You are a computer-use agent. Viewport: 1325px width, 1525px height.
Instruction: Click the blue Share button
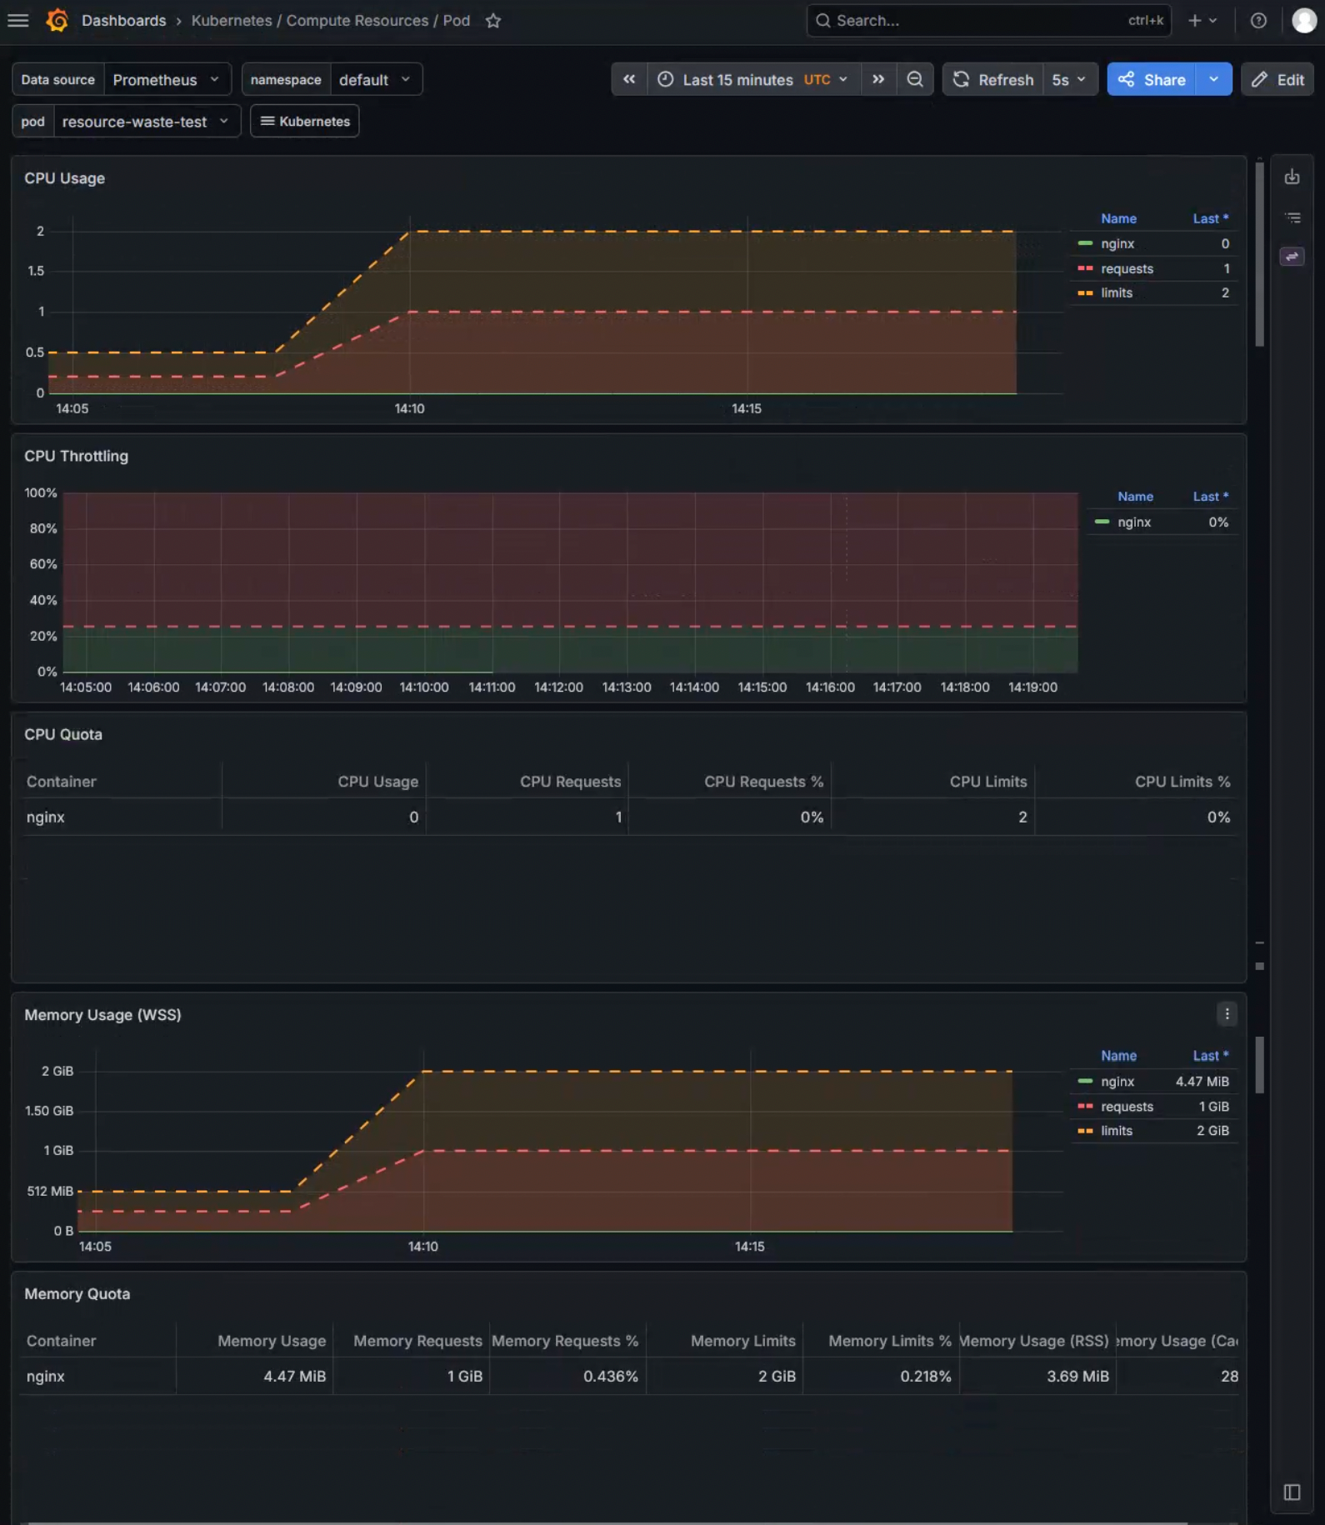click(x=1151, y=79)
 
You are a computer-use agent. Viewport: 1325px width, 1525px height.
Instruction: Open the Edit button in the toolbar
click(x=1277, y=79)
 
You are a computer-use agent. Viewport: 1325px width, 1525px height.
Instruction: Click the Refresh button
click(x=992, y=79)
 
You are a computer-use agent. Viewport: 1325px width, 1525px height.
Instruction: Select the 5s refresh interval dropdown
click(x=1069, y=79)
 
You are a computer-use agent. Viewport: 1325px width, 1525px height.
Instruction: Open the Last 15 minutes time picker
click(x=753, y=79)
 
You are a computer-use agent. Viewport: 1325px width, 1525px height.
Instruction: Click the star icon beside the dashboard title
click(x=493, y=21)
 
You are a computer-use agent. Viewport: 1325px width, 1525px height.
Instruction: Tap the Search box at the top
click(x=988, y=21)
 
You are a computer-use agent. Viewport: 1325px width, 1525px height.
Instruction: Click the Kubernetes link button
click(x=305, y=121)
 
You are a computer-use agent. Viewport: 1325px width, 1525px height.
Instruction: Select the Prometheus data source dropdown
click(x=167, y=79)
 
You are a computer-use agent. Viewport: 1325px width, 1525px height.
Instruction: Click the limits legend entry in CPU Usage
click(x=1116, y=292)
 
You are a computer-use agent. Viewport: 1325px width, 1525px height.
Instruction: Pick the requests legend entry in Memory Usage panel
click(x=1127, y=1107)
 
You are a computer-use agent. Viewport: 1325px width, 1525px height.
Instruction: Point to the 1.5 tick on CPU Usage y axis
click(x=36, y=271)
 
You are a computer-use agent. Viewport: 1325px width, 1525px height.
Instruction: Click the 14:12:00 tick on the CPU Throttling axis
click(x=558, y=687)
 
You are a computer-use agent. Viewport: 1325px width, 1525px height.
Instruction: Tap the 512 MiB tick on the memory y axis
click(x=50, y=1191)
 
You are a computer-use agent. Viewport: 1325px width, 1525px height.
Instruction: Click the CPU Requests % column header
click(x=763, y=782)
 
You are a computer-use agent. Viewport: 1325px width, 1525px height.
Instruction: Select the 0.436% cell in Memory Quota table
click(x=610, y=1377)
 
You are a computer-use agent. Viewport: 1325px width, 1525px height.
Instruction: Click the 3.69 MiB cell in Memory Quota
click(x=1077, y=1377)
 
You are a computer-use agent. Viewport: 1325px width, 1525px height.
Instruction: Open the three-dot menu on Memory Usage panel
click(x=1227, y=1014)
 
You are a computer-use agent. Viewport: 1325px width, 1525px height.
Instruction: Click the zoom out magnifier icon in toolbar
click(x=915, y=79)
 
